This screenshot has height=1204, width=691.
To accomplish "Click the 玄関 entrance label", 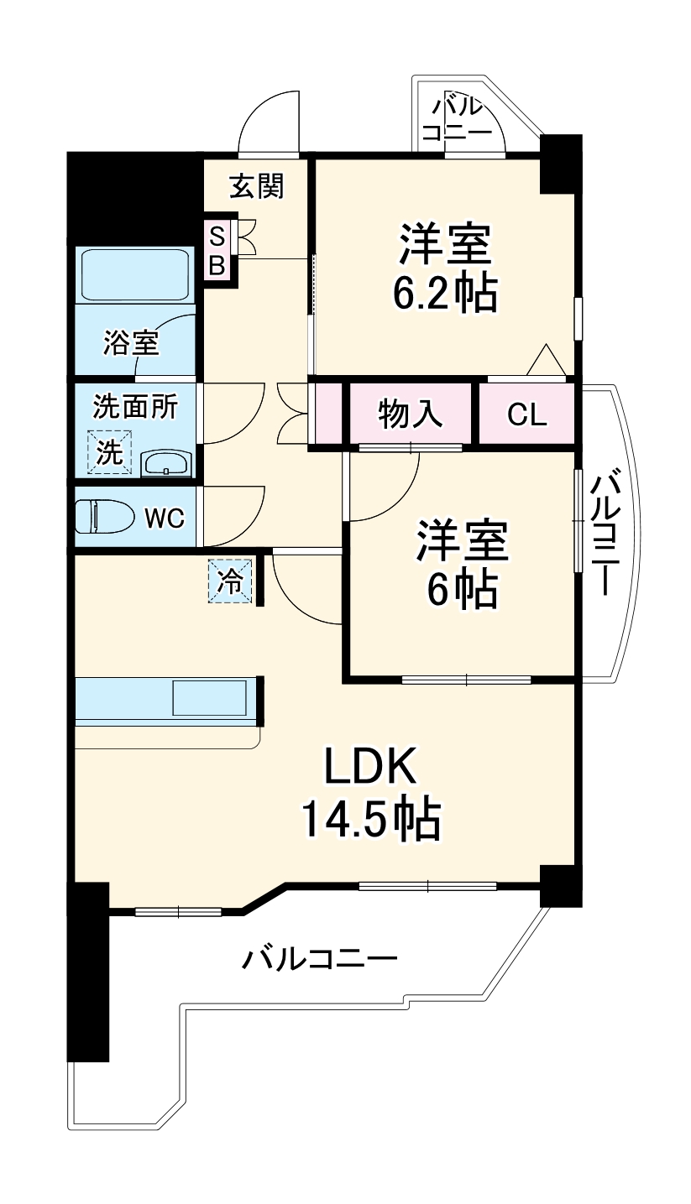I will click(257, 186).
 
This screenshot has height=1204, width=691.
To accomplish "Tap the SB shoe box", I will click(217, 251).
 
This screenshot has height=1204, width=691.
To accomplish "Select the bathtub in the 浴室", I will click(134, 274).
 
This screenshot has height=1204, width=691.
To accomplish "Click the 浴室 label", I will click(131, 342).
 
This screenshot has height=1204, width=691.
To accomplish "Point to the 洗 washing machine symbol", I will click(110, 451).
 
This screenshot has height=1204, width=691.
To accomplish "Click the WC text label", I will click(164, 519).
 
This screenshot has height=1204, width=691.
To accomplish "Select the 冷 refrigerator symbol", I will click(229, 581).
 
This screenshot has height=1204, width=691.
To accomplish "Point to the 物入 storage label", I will click(411, 414).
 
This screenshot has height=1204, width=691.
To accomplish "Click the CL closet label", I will click(527, 414).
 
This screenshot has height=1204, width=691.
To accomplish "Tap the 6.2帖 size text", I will click(444, 293).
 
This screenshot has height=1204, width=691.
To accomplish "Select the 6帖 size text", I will click(463, 592).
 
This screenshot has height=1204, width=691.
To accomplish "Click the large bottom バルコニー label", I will click(320, 957).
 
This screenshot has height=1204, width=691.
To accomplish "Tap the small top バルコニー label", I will click(457, 120).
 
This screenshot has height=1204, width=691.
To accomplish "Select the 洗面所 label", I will click(134, 407).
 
